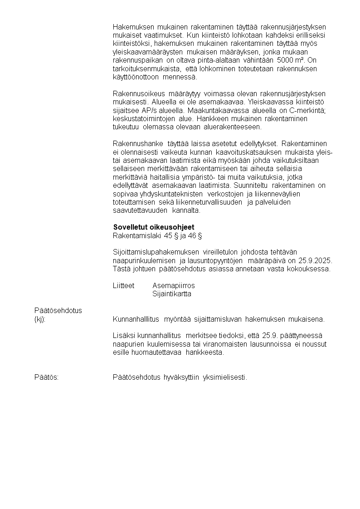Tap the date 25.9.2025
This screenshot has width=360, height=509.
[316, 260]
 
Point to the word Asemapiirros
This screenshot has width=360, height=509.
[174, 285]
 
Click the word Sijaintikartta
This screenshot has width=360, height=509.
[172, 294]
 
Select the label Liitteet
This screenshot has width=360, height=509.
[123, 285]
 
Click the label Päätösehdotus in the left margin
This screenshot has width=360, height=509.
[58, 310]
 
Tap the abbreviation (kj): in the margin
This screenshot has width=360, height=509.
[40, 318]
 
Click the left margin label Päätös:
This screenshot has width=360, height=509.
[46, 377]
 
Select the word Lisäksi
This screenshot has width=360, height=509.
[123, 335]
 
